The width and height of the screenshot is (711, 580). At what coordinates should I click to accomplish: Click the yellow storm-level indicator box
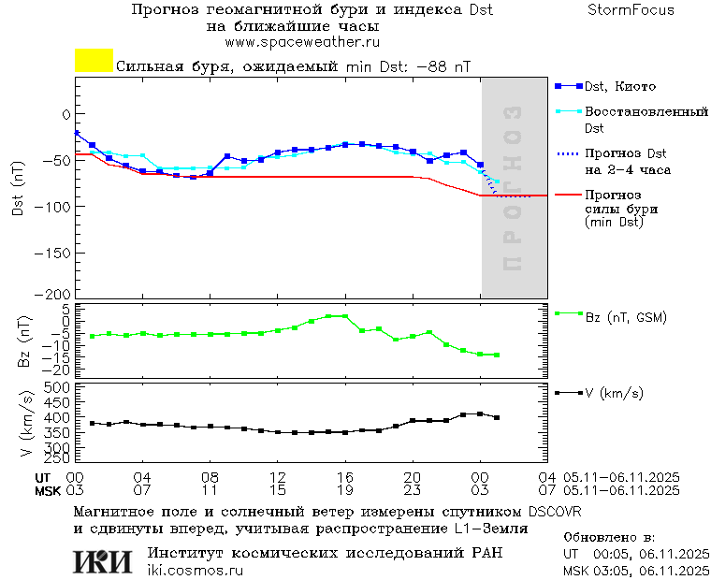(94, 61)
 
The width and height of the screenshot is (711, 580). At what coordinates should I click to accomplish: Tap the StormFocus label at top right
(631, 10)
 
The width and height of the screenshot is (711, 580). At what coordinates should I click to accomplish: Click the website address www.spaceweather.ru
(302, 42)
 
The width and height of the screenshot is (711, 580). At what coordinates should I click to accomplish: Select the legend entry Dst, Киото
(620, 86)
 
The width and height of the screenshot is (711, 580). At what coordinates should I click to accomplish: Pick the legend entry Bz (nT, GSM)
(625, 317)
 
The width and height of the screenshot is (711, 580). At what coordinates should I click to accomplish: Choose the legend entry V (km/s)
(614, 393)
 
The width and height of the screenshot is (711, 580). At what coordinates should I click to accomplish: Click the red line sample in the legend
(568, 195)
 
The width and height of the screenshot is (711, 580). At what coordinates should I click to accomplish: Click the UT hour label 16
(345, 476)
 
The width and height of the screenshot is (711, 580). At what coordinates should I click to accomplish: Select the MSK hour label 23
(413, 489)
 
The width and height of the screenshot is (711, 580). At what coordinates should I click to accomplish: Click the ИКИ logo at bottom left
(102, 560)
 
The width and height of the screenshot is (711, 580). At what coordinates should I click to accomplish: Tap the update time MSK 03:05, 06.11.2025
(633, 570)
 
